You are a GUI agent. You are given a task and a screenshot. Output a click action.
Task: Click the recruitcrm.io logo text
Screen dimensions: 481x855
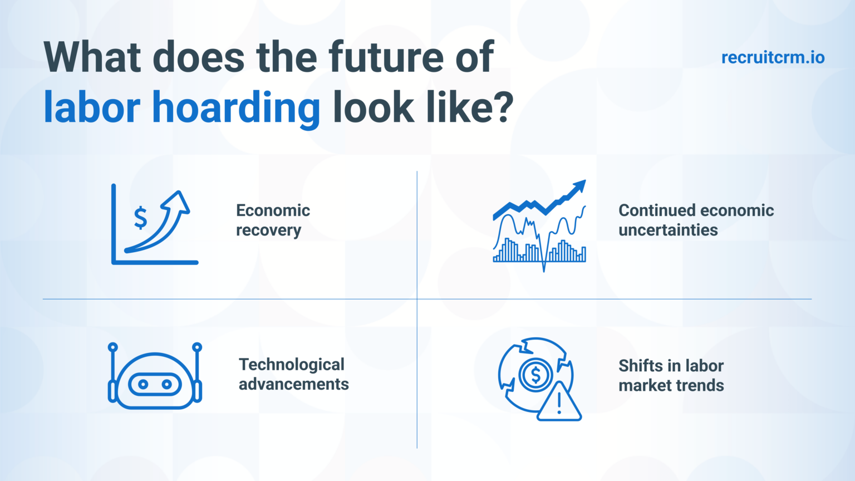click(x=773, y=57)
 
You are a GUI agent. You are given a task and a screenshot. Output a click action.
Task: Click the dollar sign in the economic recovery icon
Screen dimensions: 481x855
click(x=141, y=217)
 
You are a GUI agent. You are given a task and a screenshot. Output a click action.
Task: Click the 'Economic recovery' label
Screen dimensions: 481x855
click(x=273, y=220)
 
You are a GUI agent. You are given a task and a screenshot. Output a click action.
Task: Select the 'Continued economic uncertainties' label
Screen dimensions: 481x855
click(x=696, y=220)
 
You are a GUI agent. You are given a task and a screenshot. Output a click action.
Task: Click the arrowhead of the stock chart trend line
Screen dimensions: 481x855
click(x=580, y=186)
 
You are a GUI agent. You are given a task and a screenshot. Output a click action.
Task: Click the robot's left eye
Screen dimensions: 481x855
click(x=143, y=384)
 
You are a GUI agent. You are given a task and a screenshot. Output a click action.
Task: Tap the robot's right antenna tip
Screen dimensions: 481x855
click(x=196, y=347)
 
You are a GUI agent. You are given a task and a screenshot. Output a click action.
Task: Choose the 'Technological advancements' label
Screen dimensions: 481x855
click(x=293, y=374)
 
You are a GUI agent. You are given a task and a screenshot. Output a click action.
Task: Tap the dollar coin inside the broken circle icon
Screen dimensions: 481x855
click(x=535, y=375)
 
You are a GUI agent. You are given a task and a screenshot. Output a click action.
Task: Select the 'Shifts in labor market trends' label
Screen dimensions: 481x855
click(x=671, y=375)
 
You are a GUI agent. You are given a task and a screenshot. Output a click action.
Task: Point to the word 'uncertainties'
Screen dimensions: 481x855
click(x=668, y=230)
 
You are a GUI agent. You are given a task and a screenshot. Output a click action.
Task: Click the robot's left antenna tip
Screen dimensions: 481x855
click(x=113, y=347)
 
